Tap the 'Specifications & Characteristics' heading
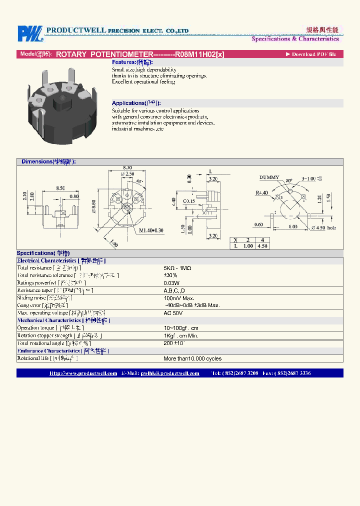pos(295,38)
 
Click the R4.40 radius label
pos(262,192)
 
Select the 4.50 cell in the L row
pos(262,246)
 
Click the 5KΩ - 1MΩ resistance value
pos(177,268)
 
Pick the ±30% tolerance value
pos(170,275)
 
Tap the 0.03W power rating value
pos(172,283)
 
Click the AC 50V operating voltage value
pos(173,313)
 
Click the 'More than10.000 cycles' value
pos(192,358)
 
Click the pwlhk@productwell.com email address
pos(170,373)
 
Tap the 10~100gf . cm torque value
pos(181,328)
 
